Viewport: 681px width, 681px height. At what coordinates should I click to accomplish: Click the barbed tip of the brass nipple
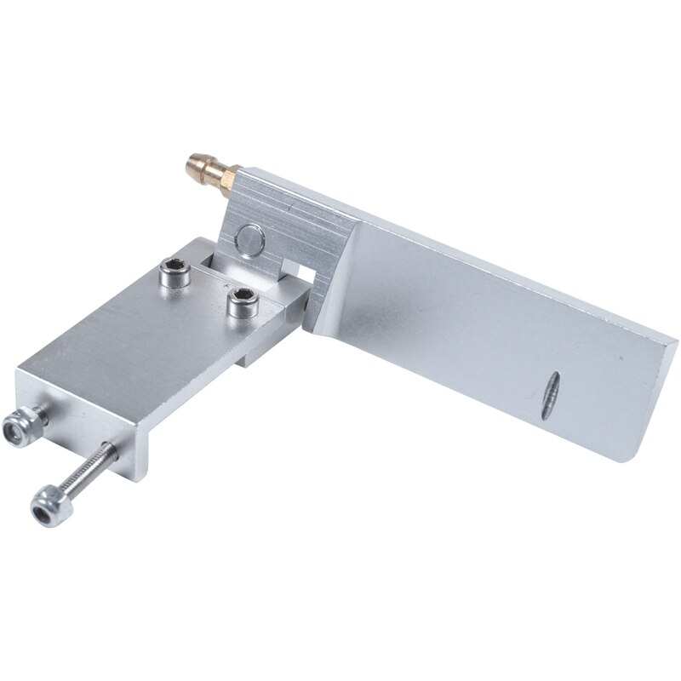point(189,159)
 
